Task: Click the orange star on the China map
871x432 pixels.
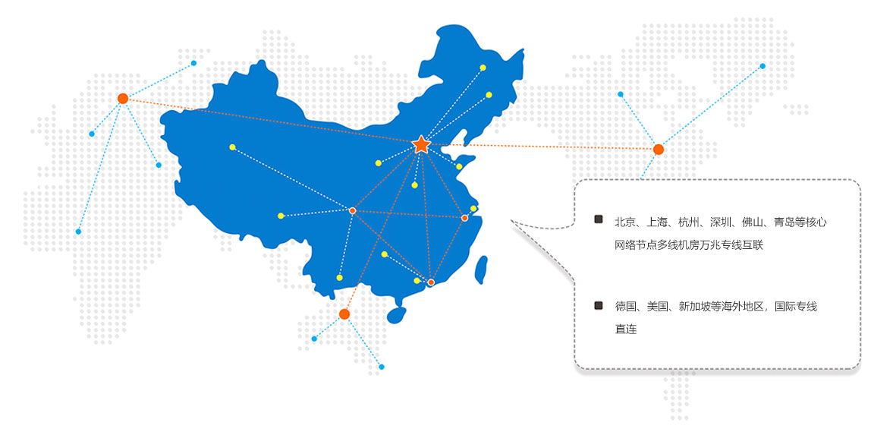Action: tap(422, 144)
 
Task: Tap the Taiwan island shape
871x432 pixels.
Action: tap(481, 270)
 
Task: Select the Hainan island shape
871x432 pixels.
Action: tap(397, 315)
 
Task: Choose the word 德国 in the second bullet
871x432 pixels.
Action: tap(625, 306)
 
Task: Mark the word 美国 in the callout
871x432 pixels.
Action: tap(656, 306)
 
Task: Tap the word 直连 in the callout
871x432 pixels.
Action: tap(625, 330)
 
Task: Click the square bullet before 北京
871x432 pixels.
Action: tap(599, 219)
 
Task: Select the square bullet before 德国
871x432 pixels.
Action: tap(599, 304)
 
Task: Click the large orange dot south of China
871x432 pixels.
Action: tap(344, 314)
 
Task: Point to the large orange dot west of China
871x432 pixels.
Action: tap(123, 99)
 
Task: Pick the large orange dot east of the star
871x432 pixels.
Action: tap(659, 149)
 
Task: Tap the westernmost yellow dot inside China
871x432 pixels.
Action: tap(232, 147)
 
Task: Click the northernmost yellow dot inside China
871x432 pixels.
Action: tap(483, 68)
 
